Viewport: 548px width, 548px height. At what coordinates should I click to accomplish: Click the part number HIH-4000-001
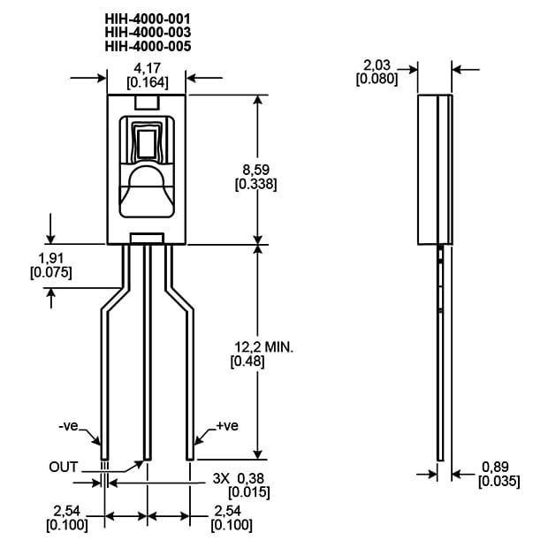coord(148,18)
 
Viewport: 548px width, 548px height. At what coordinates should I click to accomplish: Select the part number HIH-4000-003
coord(148,32)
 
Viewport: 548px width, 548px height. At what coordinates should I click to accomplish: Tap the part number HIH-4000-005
coord(148,46)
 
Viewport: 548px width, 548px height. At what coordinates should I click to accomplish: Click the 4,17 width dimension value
coord(147,67)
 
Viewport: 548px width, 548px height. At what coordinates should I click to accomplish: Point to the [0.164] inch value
coord(147,82)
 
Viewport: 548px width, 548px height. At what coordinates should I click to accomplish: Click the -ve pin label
coord(68,427)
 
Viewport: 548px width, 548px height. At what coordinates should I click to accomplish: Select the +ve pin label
coord(227,427)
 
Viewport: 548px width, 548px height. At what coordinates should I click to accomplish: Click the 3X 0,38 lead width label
coord(238,478)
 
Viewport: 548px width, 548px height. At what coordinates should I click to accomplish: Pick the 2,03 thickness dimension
coord(377,65)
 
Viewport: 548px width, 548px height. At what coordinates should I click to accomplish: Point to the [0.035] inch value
coord(499,482)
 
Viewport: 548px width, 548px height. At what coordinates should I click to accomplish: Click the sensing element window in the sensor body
coord(147,144)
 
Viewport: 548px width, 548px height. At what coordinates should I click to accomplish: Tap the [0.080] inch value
coord(377,79)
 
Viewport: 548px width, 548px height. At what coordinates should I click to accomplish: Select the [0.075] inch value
coord(50,272)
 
